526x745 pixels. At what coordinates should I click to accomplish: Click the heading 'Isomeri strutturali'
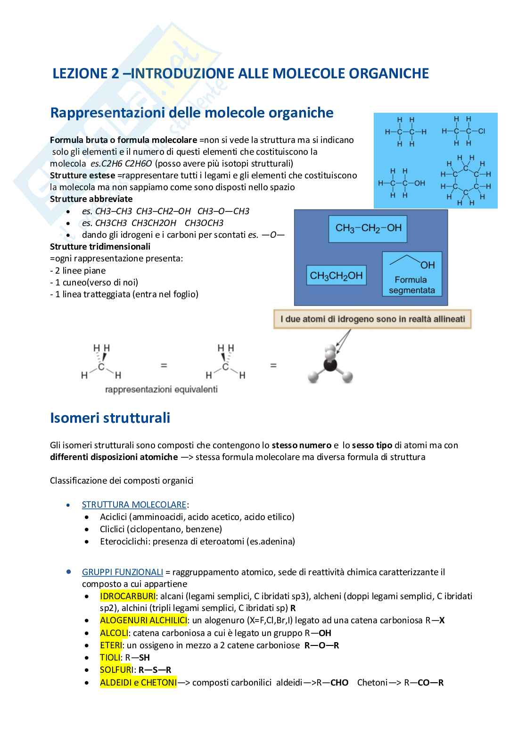pos(110,418)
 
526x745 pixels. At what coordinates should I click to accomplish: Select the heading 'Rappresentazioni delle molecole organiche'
pos(191,113)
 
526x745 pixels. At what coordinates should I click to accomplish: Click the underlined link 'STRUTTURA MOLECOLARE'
pos(134,504)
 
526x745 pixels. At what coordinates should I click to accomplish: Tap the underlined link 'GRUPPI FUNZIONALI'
pos(123,572)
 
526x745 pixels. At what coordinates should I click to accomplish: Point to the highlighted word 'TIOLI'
pos(110,657)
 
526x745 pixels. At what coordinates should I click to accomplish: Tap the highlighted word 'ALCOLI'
pos(114,633)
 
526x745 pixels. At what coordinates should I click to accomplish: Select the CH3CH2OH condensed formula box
pos(336,276)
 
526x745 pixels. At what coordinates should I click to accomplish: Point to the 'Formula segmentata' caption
pos(411,285)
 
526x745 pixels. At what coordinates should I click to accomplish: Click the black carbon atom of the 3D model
pos(330,366)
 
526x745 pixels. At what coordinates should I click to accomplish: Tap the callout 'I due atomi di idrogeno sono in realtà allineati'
pos(372,319)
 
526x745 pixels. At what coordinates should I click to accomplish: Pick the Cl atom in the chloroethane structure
pos(481,131)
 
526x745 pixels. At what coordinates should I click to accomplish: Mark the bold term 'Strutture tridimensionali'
pos(100,246)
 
